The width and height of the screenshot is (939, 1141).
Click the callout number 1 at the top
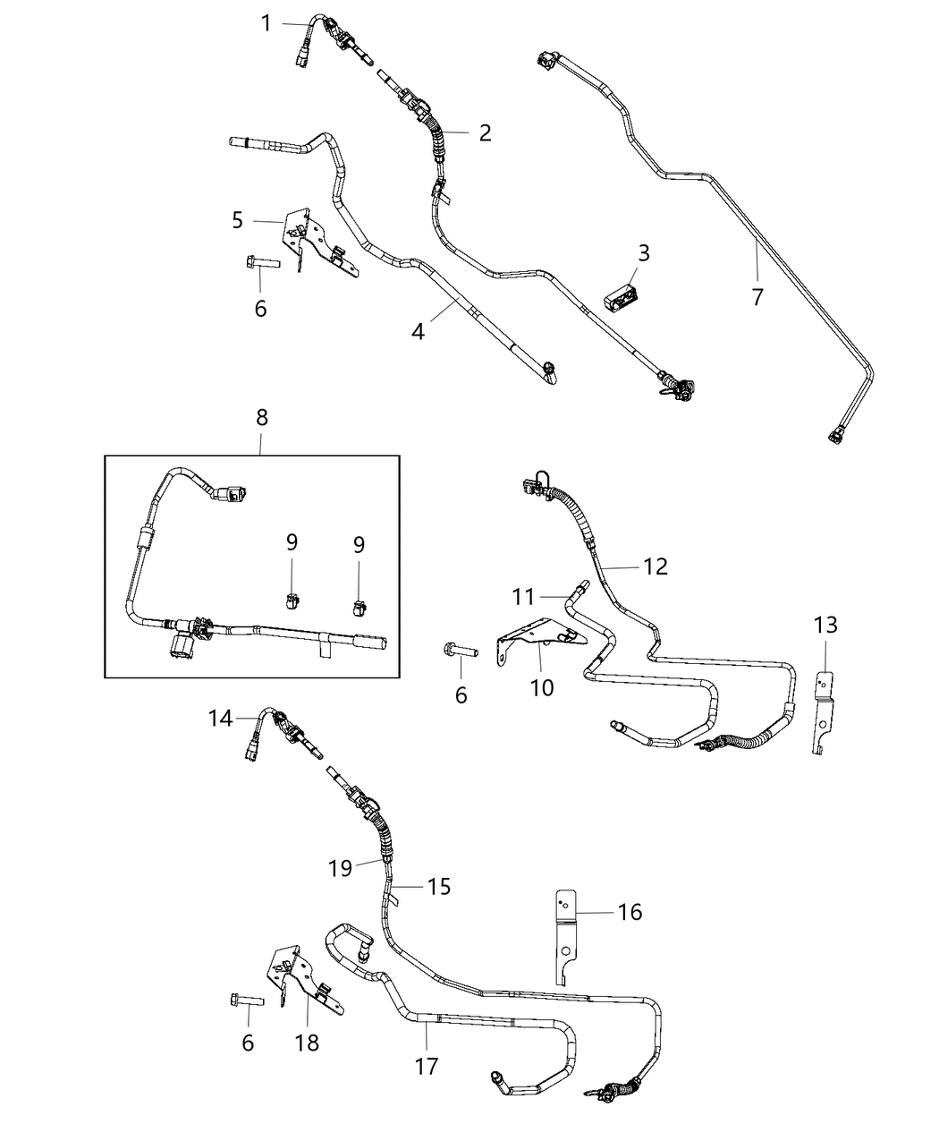(266, 23)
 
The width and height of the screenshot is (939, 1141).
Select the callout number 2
(485, 133)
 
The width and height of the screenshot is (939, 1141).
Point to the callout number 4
(418, 331)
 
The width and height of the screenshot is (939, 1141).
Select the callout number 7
(757, 296)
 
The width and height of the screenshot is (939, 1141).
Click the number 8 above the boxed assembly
(261, 417)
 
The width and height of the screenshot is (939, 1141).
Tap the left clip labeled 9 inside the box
(291, 600)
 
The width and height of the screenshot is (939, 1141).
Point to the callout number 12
(656, 566)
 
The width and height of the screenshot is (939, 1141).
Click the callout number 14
(221, 718)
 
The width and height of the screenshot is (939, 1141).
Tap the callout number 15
(439, 886)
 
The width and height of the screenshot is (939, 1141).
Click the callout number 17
(427, 1067)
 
